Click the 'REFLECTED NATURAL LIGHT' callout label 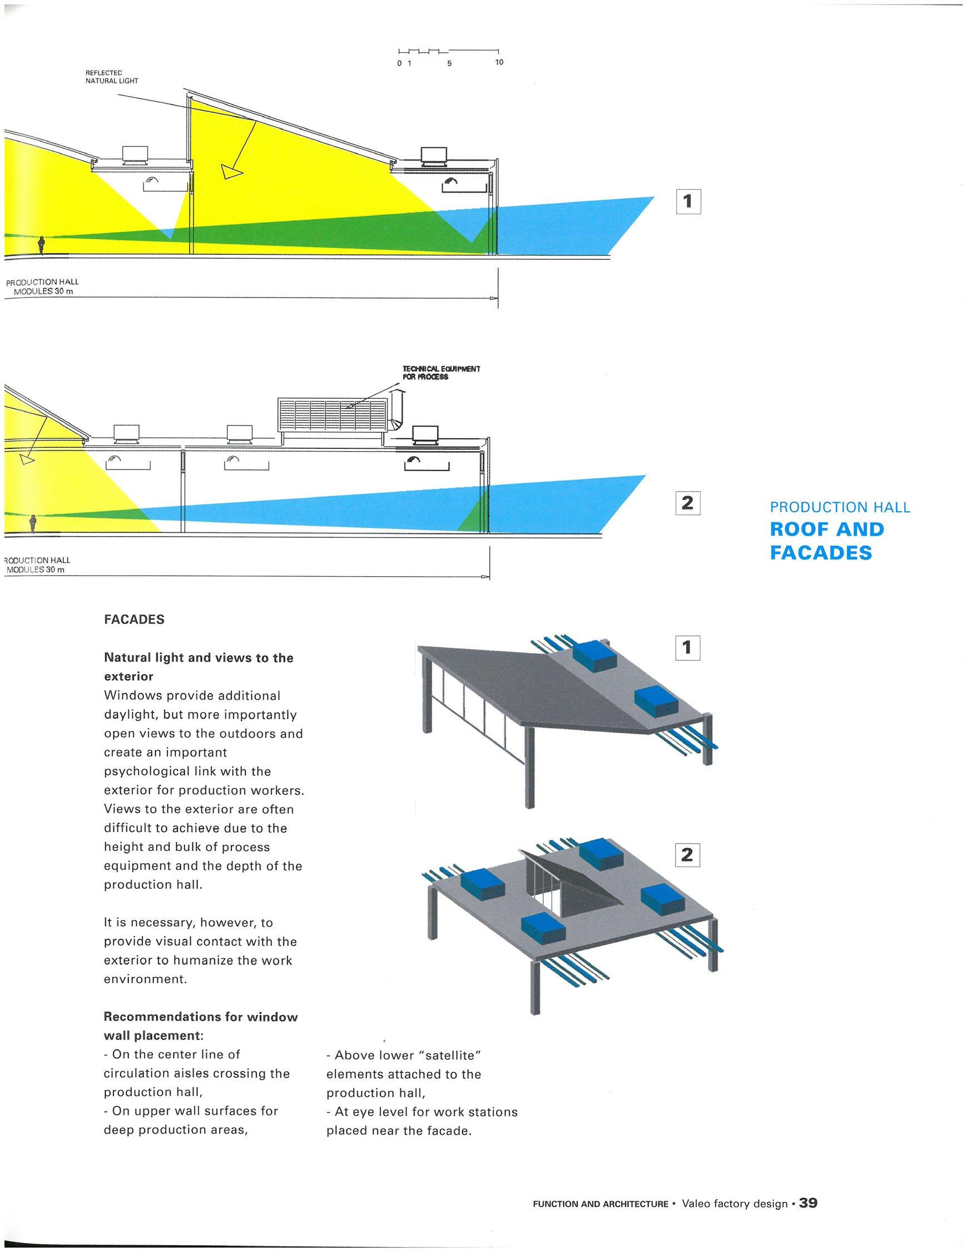tap(111, 77)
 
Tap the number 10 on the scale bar tap(499, 62)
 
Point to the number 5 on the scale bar tap(449, 63)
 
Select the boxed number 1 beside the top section tap(688, 201)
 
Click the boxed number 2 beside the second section tap(687, 503)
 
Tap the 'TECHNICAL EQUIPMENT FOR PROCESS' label tap(441, 373)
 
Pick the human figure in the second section tap(33, 523)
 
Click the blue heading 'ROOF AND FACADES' tap(826, 541)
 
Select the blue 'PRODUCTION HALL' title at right tap(840, 507)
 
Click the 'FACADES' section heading tap(134, 620)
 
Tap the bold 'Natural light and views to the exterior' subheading tap(199, 667)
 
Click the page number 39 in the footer tap(808, 1203)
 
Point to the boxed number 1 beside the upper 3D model tap(687, 648)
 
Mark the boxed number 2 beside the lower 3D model tap(687, 856)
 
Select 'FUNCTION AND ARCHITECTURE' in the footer tap(600, 1204)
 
